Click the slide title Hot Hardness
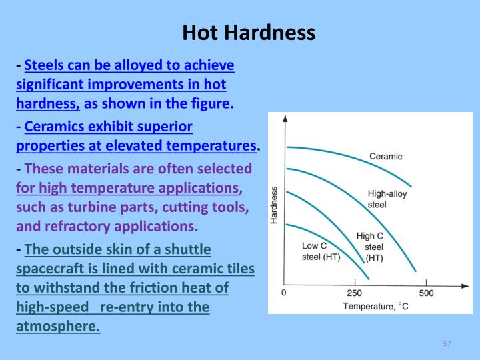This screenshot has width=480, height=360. [249, 32]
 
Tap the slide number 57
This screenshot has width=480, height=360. [447, 343]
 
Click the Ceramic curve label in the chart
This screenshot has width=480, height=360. [385, 157]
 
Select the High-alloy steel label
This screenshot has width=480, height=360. [387, 199]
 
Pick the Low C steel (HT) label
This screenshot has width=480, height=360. [321, 251]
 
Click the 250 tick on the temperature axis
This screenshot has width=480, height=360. [355, 293]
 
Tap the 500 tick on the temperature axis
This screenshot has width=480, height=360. [426, 293]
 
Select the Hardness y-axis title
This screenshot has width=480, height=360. [274, 205]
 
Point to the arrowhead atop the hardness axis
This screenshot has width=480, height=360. [285, 118]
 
